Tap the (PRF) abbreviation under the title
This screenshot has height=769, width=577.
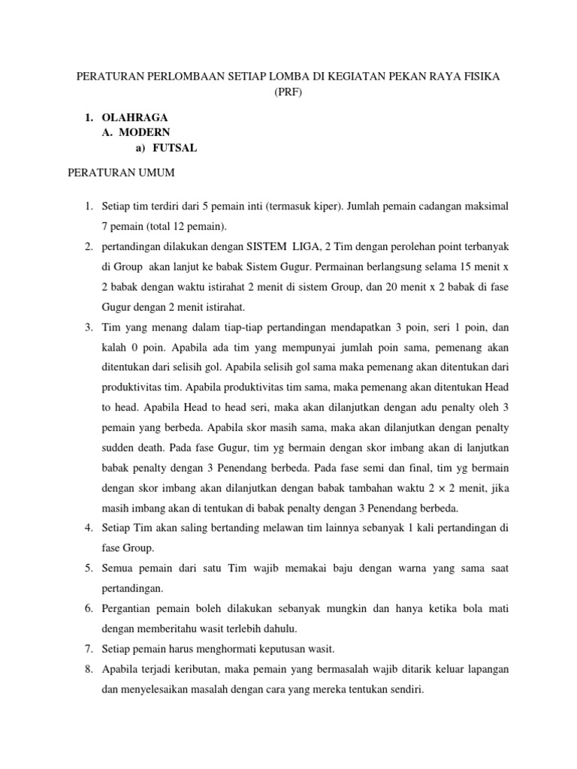288,94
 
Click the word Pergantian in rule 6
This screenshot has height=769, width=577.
128,609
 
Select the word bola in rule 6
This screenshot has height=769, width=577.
470,609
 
